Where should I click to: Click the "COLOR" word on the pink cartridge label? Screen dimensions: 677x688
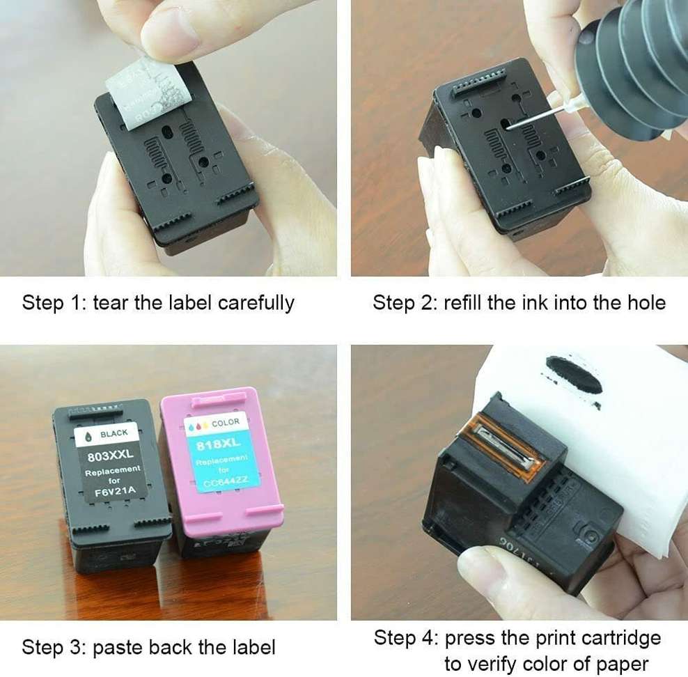pos(225,422)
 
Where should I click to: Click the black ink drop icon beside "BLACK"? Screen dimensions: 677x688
pos(88,434)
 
